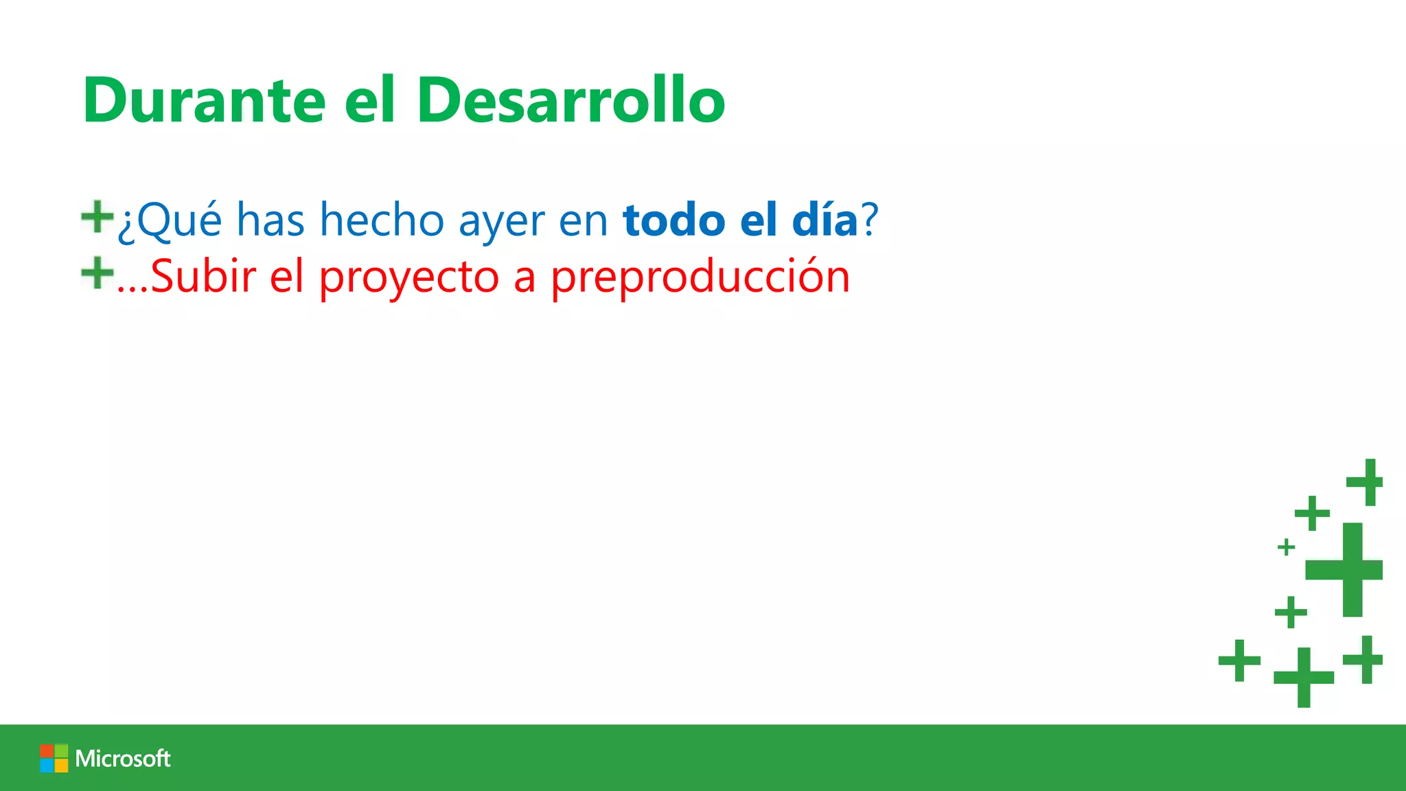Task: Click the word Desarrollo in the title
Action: (571, 101)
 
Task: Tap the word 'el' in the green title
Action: (370, 101)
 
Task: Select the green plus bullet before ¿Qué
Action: (97, 217)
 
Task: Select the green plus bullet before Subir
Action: (97, 273)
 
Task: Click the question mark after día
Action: (870, 220)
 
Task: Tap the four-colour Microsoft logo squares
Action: (54, 758)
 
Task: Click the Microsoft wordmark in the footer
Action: (123, 758)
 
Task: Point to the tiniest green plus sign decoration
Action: (1286, 547)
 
